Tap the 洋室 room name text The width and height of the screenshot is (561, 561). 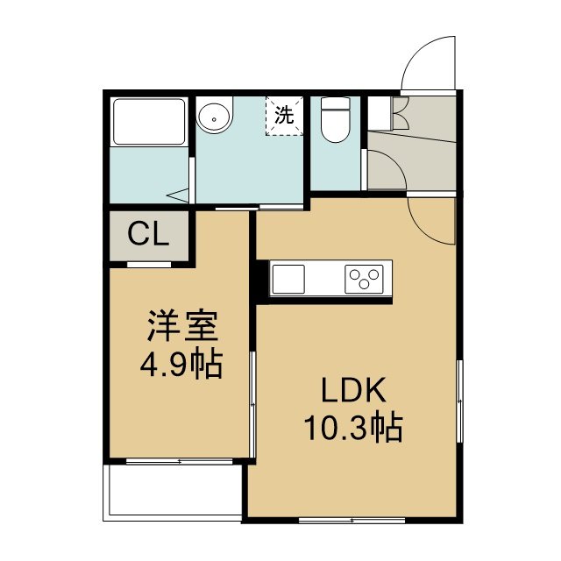181,325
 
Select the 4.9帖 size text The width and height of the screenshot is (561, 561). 181,365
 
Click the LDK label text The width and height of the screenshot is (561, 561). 353,390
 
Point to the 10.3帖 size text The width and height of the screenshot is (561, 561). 353,428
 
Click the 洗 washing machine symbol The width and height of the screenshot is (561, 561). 284,116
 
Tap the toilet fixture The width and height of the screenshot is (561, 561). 335,119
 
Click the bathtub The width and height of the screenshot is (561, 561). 149,122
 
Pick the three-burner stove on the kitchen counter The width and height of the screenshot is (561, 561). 364,279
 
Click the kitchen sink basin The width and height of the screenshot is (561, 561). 288,279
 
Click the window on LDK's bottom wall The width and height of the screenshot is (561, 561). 352,520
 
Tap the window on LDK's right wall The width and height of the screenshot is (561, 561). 459,401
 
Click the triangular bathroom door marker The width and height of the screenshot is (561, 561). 178,195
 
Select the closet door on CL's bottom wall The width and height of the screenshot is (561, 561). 149,265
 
